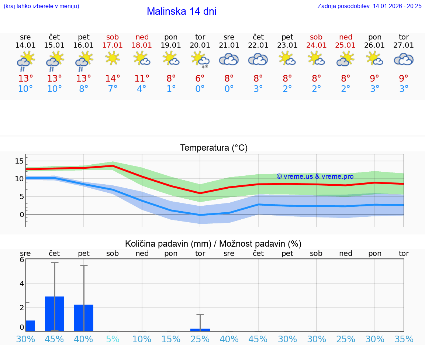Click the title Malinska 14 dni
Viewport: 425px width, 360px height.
point(182,11)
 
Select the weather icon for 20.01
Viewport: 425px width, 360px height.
point(200,59)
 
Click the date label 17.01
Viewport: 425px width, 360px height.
point(113,45)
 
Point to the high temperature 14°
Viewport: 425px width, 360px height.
point(113,79)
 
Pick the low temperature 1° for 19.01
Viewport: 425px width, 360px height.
point(171,89)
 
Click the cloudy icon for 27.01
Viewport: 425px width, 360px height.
point(404,59)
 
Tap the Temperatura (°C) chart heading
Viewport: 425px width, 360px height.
point(214,148)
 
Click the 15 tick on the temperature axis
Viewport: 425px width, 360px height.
point(19,161)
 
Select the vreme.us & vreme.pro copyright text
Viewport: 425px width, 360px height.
point(315,176)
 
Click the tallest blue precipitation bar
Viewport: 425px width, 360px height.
point(55,313)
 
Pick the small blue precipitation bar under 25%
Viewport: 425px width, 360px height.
point(200,330)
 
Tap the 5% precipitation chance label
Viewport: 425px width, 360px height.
point(113,339)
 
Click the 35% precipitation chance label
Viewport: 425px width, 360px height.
point(404,339)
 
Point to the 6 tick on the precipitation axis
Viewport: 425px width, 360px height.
point(22,260)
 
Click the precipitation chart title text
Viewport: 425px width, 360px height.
point(213,244)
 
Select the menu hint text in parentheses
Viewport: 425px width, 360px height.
point(41,6)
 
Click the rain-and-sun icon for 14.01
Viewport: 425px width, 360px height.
point(25,61)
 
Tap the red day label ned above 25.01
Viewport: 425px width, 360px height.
point(346,37)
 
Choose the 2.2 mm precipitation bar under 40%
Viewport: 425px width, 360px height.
point(84,318)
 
